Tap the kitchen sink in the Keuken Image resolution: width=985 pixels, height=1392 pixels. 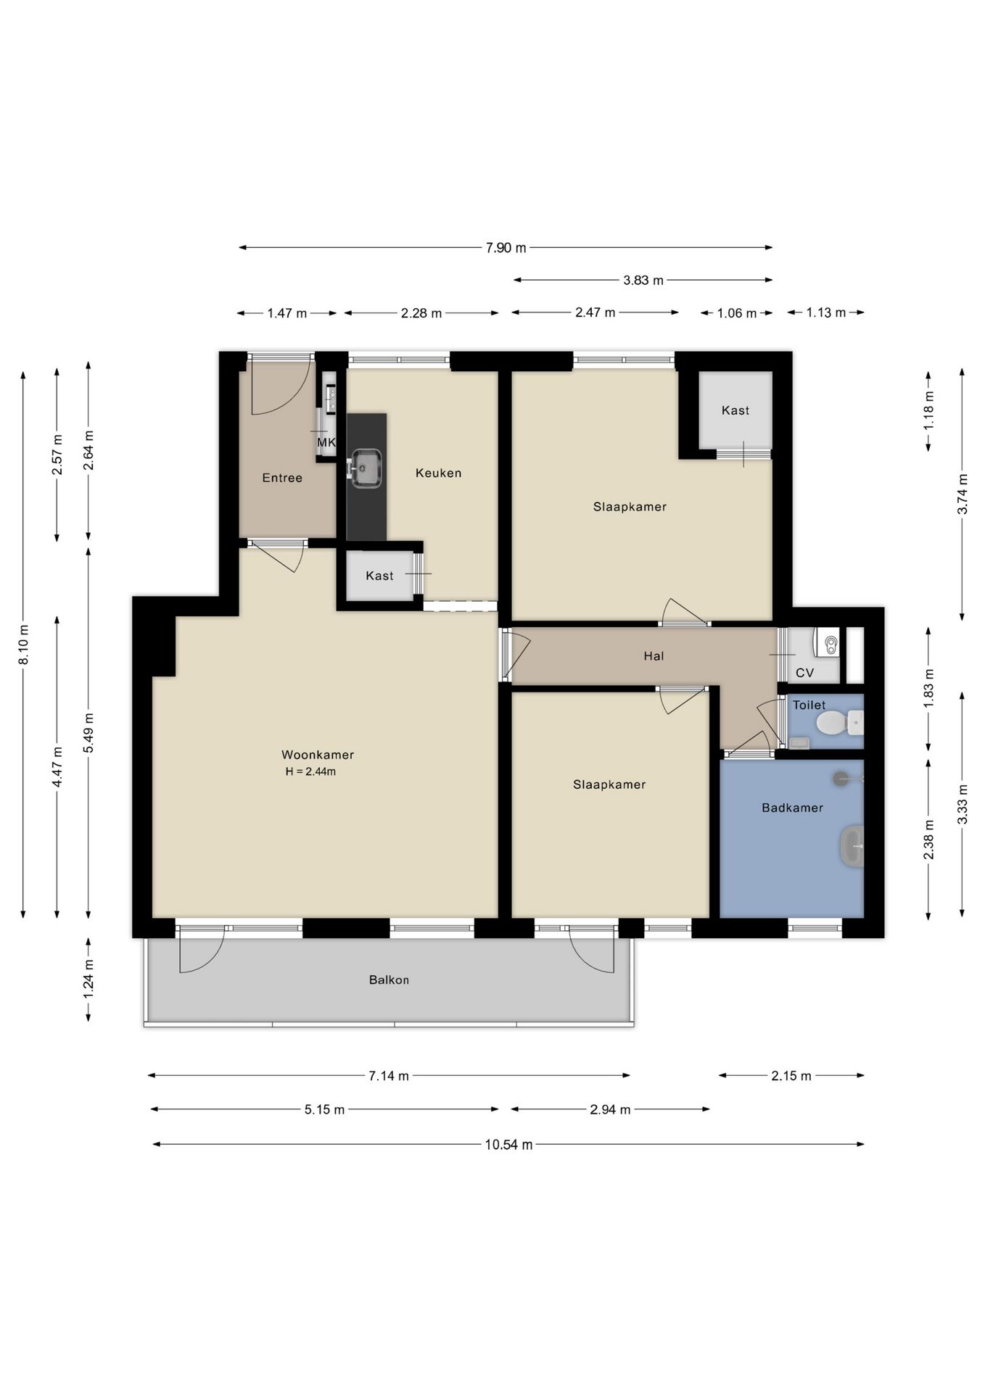point(366,468)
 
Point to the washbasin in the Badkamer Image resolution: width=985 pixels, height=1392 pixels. point(852,846)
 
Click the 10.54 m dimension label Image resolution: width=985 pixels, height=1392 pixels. point(508,1145)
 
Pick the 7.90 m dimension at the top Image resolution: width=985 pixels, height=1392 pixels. point(506,248)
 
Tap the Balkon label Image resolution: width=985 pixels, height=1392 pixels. point(389,980)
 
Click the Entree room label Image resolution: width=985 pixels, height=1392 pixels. point(282,478)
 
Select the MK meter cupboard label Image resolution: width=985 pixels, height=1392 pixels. point(326,442)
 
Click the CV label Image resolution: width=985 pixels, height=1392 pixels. point(804,673)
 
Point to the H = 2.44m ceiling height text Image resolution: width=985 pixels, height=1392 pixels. point(310,771)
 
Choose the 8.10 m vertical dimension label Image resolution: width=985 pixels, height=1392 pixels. point(24,644)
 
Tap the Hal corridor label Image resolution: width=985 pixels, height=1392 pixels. point(654,656)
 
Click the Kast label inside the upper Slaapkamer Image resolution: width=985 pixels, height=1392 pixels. point(735,410)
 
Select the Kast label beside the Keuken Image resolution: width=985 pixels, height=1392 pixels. point(379,576)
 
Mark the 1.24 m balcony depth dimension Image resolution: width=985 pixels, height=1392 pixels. point(88,979)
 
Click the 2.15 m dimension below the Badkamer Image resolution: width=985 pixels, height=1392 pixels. point(791,1076)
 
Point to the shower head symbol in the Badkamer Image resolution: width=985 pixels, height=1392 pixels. point(841,779)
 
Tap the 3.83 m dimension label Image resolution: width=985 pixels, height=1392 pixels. point(643,280)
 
